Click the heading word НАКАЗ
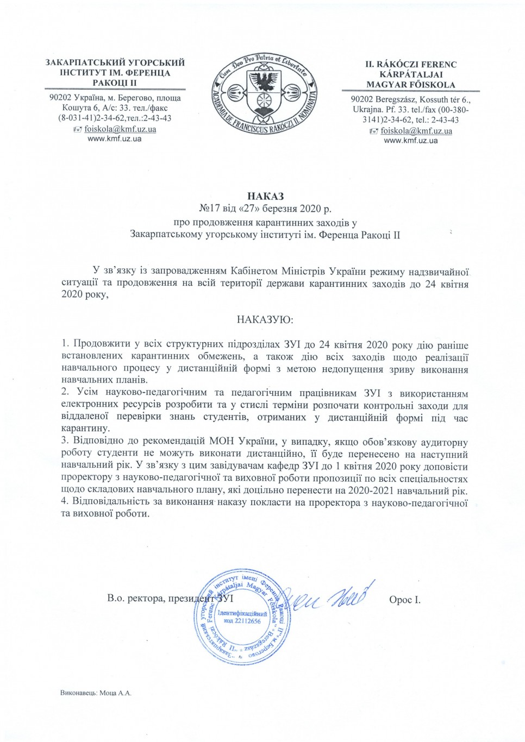click(x=265, y=196)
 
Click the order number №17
click(x=210, y=209)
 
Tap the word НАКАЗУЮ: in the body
click(x=265, y=320)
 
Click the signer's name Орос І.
click(x=404, y=600)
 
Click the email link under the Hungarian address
click(x=416, y=131)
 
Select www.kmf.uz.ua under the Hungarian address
click(x=410, y=141)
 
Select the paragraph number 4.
click(x=65, y=502)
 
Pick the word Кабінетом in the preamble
click(x=254, y=271)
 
